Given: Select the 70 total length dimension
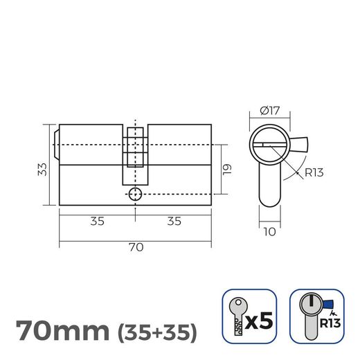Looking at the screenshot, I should [x=135, y=245].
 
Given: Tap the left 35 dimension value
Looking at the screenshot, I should [x=98, y=222].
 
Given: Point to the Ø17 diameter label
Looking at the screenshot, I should [x=269, y=110].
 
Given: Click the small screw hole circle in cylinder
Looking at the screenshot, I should [x=136, y=194].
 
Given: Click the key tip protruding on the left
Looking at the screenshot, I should [x=57, y=143].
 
